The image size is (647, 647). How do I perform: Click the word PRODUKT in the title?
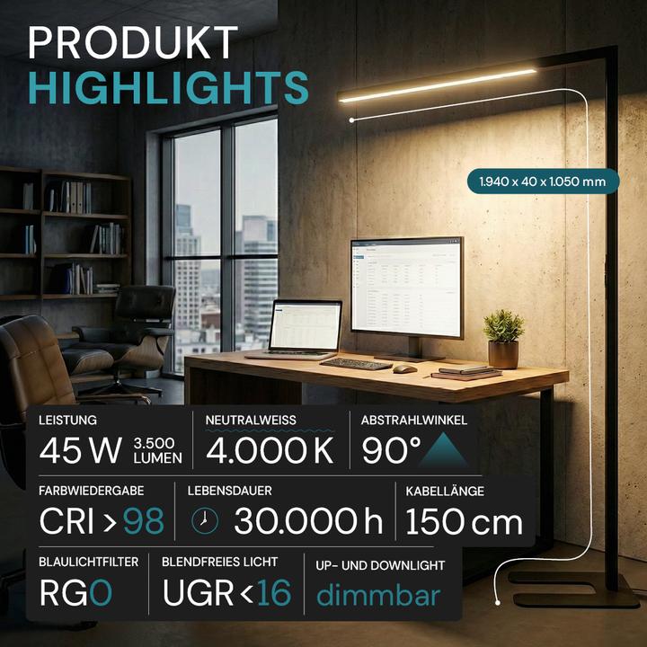[134, 43]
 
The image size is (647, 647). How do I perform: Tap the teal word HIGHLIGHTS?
[168, 87]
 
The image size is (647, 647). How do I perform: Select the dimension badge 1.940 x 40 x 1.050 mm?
[543, 181]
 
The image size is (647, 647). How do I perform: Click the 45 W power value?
[81, 450]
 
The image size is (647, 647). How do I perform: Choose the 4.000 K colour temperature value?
[270, 450]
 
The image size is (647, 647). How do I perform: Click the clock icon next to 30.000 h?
[205, 520]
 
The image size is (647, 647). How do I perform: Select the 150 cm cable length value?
[464, 520]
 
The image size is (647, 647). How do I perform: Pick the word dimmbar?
[378, 595]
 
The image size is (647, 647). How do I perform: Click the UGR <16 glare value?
[227, 593]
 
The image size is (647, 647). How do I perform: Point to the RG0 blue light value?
[75, 593]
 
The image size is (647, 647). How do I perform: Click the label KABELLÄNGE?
[446, 492]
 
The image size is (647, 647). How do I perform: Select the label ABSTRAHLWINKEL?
[414, 420]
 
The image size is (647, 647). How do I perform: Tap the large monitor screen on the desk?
[406, 285]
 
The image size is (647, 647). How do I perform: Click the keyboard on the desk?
[356, 364]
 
